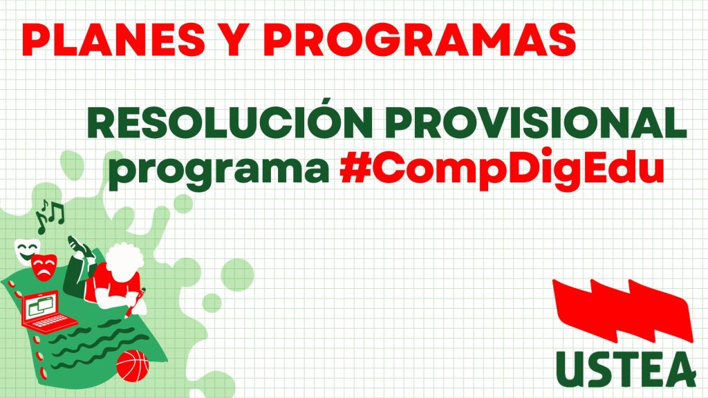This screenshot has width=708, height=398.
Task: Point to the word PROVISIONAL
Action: click(x=536, y=123)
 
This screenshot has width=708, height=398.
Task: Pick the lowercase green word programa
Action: click(x=218, y=169)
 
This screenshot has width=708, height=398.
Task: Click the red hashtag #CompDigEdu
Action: click(x=502, y=169)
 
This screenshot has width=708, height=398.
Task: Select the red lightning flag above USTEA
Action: click(x=623, y=311)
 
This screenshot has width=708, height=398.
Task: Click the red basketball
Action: click(x=132, y=366)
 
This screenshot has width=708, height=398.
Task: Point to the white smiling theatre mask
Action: click(x=27, y=250)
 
